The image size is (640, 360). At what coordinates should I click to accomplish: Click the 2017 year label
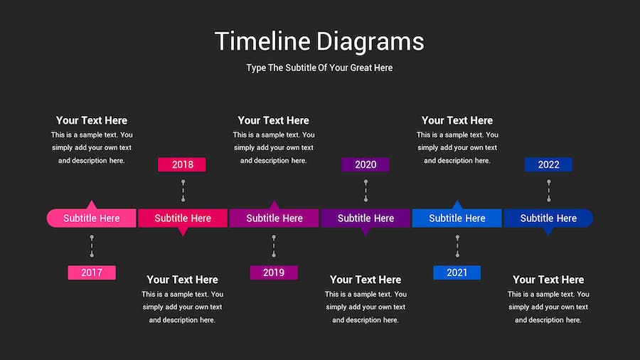click(x=92, y=272)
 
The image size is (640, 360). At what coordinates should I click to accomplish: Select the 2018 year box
click(x=182, y=164)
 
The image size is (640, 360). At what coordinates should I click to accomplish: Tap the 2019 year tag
click(x=274, y=272)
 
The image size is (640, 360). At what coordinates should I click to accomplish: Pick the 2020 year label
click(x=366, y=164)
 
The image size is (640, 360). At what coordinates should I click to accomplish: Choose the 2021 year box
click(x=457, y=272)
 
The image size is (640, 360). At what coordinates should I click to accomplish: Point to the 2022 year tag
click(x=548, y=164)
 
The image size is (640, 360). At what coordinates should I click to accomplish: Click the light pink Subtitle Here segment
click(x=92, y=218)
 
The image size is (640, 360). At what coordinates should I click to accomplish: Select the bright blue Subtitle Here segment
click(x=457, y=218)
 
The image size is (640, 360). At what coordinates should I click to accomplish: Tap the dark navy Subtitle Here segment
click(x=548, y=218)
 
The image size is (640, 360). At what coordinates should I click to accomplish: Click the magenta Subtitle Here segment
click(x=274, y=218)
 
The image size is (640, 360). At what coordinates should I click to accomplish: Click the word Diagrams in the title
click(x=370, y=42)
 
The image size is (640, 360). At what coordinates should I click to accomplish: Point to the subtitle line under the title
click(x=319, y=68)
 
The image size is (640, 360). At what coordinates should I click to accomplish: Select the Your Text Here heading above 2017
click(x=92, y=120)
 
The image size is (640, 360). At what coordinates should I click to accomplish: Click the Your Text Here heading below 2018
click(x=183, y=280)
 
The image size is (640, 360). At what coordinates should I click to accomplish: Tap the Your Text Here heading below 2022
click(x=548, y=280)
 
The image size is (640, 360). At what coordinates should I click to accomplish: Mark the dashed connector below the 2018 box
click(x=183, y=191)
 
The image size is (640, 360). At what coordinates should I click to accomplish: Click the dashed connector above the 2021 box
click(x=457, y=246)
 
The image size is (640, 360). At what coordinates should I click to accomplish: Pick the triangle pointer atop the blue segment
click(x=457, y=204)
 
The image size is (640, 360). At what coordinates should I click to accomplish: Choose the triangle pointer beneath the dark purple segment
click(x=366, y=231)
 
